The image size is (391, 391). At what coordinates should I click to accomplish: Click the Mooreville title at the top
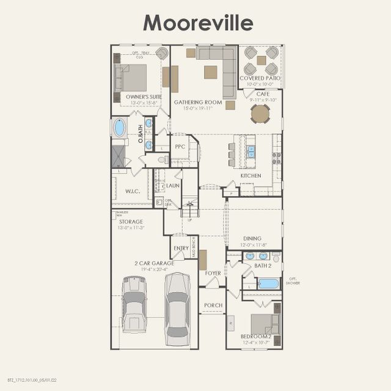(x=197, y=23)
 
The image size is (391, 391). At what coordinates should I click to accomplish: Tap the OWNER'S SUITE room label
(x=144, y=97)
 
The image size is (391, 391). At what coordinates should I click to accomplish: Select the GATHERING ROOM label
(x=197, y=102)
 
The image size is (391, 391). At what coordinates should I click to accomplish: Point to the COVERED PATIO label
(x=260, y=78)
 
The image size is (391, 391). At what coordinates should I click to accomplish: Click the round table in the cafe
(x=260, y=114)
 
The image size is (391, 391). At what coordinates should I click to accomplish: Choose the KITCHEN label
(x=250, y=175)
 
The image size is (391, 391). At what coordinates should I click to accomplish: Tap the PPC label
(x=180, y=147)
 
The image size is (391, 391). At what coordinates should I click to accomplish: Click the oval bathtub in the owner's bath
(x=119, y=128)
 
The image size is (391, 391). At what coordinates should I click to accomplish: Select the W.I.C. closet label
(x=133, y=191)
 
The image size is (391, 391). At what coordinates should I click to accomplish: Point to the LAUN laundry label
(x=173, y=186)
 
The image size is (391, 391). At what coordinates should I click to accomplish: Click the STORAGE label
(x=131, y=222)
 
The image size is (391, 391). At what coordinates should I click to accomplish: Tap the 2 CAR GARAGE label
(x=154, y=263)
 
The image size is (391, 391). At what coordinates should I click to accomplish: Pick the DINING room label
(x=252, y=238)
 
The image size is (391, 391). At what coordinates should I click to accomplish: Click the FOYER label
(x=213, y=274)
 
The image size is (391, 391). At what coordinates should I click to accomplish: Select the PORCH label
(x=213, y=305)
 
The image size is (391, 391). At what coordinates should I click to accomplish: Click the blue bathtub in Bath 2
(x=268, y=283)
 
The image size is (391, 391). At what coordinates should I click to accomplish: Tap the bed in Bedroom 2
(x=265, y=323)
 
